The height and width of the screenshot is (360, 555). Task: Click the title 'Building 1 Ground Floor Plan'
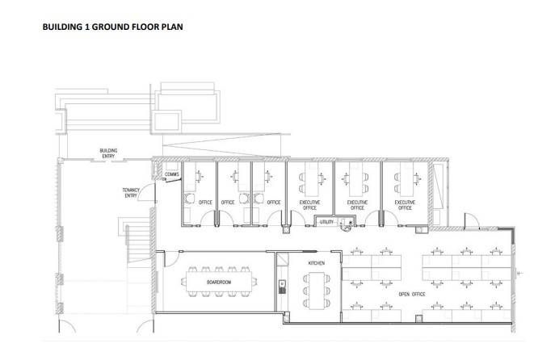pos(112,27)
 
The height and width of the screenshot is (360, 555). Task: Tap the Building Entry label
pos(108,153)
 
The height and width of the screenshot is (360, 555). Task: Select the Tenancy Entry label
pos(131,193)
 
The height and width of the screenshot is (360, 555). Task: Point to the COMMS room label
pos(172,174)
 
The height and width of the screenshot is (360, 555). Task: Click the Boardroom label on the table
pos(219,283)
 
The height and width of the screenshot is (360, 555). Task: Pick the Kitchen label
pos(317,263)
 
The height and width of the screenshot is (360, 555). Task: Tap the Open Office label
pos(412,295)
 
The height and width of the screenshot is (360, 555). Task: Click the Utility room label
pos(326,222)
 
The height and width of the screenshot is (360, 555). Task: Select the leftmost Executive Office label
pos(309,205)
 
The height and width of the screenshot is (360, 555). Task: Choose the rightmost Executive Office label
pos(405,205)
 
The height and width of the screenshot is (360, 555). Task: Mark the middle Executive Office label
pos(357,205)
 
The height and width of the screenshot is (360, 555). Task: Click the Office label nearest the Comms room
pos(205,203)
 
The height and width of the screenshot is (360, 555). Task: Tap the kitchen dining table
pos(317,291)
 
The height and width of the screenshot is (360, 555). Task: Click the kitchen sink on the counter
pos(282,287)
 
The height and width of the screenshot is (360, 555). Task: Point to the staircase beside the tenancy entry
pos(138,241)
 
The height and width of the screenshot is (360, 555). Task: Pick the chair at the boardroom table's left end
pos(183,282)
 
